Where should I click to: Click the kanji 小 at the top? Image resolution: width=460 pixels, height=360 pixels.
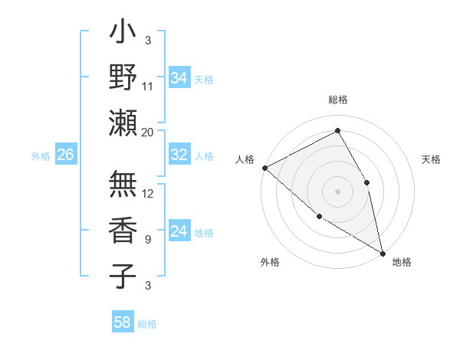pos(123,34)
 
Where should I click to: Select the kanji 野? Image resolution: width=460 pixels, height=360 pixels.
pos(123,77)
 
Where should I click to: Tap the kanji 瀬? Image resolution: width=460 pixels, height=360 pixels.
pos(123,123)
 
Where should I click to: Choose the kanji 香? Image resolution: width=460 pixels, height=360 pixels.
pos(123,229)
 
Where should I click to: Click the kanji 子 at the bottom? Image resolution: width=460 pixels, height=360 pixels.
pos(123,275)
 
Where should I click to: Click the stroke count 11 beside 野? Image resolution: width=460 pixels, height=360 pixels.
pos(148,87)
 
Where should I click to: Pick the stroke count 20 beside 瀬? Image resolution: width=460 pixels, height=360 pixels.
pos(148,132)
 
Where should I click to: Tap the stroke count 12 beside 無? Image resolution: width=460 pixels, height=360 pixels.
pos(148,193)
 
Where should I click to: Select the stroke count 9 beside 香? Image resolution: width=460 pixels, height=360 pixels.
pos(147,239)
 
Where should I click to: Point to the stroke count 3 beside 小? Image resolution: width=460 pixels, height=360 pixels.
pos(147,41)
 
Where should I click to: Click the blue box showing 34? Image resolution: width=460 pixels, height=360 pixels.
pos(179,78)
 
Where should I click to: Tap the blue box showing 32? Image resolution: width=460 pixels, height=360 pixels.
pos(179,155)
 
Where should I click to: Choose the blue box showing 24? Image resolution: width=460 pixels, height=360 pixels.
pos(179,232)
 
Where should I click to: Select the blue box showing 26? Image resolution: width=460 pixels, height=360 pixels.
pos(65,155)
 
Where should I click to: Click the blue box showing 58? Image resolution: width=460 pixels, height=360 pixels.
pos(123,322)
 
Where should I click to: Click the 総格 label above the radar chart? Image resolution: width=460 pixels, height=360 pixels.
pos(338,100)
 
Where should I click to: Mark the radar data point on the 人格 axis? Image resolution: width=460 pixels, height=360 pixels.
pos(264,168)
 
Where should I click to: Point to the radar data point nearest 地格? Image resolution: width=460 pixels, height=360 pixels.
pos(382,252)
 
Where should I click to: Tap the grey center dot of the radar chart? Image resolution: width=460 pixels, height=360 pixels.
pos(337,191)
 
